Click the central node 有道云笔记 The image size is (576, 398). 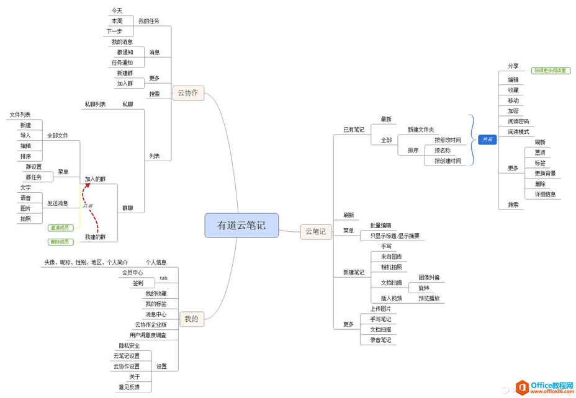point(241,226)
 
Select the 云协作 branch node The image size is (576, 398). point(187,94)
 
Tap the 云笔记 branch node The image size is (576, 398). point(315,231)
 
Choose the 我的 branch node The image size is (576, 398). point(191,319)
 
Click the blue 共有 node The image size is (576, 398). point(487,140)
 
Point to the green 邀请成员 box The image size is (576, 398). point(60,228)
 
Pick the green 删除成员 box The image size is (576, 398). point(60,242)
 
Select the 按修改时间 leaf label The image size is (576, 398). point(447,140)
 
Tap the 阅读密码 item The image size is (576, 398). point(518,122)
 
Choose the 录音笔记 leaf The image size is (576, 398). point(379,340)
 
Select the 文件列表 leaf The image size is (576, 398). point(20,115)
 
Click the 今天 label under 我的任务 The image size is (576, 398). point(117,11)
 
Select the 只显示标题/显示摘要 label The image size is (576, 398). point(395,236)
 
